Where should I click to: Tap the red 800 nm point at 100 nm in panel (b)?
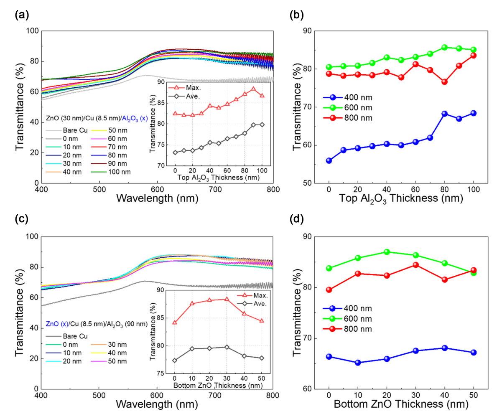point(474,56)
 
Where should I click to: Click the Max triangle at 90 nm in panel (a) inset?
point(253,89)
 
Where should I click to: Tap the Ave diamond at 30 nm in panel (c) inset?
point(227,347)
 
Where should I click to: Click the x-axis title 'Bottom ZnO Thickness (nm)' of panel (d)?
point(401,404)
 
